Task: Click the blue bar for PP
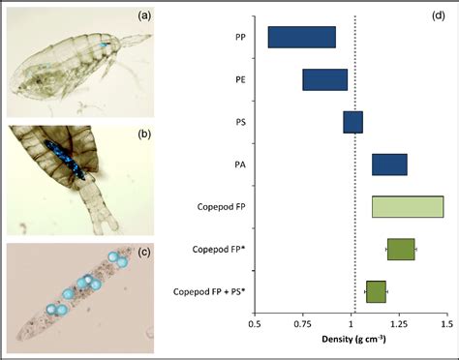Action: [x=301, y=37]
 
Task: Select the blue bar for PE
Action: [x=324, y=79]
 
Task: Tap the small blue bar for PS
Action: [x=352, y=122]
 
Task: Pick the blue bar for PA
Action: [x=389, y=165]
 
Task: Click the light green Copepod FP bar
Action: [x=407, y=206]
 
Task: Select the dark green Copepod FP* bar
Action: [x=400, y=249]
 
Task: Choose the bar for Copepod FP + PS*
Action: [x=376, y=291]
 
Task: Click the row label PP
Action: [x=239, y=37]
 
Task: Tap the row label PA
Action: [x=239, y=165]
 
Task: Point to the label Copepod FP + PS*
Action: [x=208, y=291]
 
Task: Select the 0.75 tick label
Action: [x=304, y=325]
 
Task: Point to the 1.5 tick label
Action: [x=446, y=325]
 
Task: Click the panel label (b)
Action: [x=142, y=135]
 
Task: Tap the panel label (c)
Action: [x=142, y=255]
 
